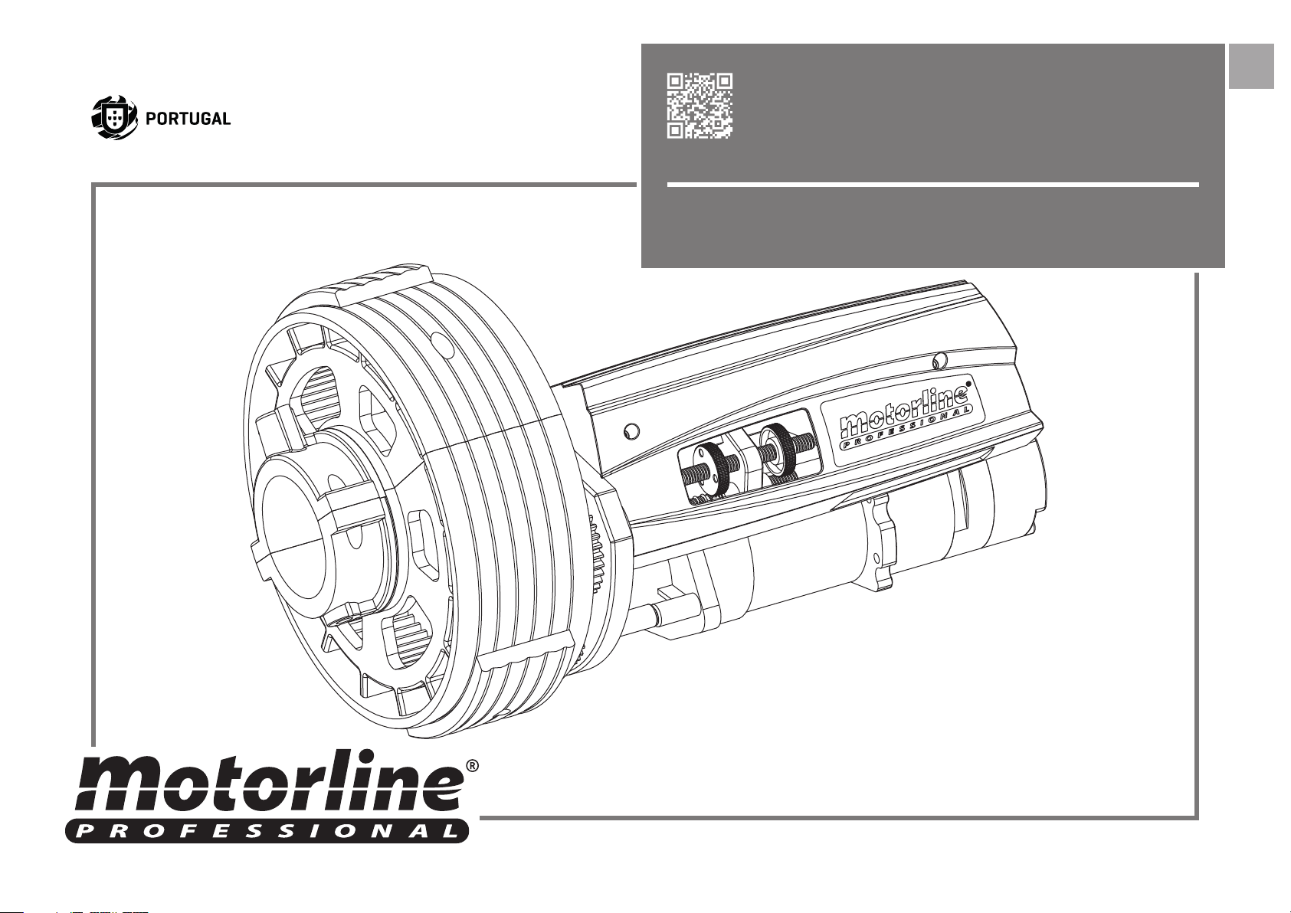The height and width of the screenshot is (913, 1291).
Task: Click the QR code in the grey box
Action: (700, 106)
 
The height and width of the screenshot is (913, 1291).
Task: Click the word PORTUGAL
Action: (188, 119)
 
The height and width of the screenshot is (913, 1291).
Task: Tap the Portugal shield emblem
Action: (115, 118)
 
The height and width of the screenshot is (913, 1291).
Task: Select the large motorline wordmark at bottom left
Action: (269, 782)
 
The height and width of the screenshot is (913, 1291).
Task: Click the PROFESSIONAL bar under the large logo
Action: (267, 830)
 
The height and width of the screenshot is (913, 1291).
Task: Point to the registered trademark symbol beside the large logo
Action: (472, 766)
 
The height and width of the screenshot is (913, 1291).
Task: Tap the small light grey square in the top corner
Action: (1251, 66)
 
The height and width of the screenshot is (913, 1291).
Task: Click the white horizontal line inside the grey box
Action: (933, 185)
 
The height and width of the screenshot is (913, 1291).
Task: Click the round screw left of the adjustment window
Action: (631, 431)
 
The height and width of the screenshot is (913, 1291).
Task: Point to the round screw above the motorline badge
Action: (939, 361)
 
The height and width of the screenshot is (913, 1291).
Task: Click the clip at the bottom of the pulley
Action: (527, 652)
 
